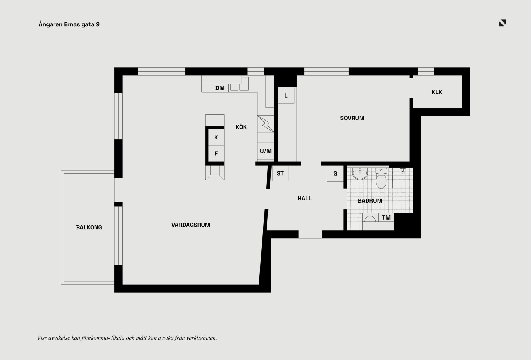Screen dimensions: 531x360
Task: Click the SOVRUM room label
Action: pos(352,118)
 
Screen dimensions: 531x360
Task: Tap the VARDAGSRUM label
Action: pos(191,225)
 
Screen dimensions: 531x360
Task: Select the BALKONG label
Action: pos(89,228)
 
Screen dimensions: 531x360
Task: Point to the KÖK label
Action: pos(241,127)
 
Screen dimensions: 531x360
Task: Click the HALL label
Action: pos(304,198)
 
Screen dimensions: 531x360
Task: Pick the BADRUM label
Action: pos(370,201)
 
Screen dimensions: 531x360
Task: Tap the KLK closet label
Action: pos(437,92)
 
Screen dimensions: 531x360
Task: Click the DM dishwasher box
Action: pos(220,88)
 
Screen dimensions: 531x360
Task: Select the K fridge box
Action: pos(216,137)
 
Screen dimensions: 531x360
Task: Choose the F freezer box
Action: pos(216,153)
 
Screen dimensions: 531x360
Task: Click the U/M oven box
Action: pos(265,151)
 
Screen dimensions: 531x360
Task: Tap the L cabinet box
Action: pos(286,95)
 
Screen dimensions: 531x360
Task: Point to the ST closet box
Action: pos(280,173)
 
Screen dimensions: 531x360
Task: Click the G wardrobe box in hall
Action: pos(335,174)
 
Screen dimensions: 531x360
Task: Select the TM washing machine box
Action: pos(386,218)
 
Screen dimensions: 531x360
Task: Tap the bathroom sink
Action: pos(360,174)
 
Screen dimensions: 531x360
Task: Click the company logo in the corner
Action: pos(502,23)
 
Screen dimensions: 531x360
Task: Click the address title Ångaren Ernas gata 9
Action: pos(69,24)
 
